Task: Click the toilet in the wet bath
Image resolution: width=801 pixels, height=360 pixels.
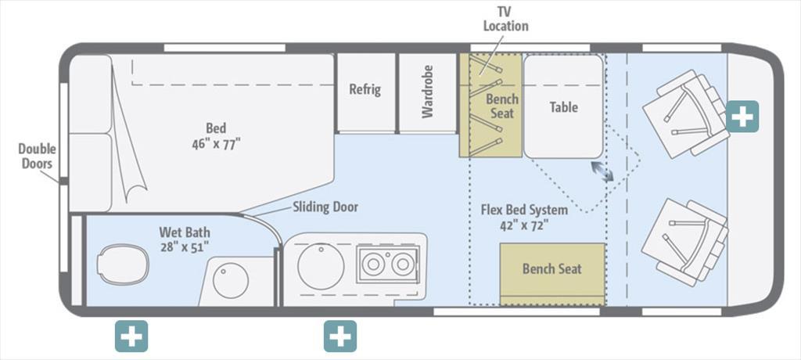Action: pyautogui.click(x=123, y=265)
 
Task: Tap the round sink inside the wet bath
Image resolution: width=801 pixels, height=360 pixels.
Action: pyautogui.click(x=231, y=280)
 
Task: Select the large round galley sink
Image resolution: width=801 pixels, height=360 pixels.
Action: pyautogui.click(x=321, y=266)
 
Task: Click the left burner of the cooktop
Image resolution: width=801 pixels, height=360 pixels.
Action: pyautogui.click(x=373, y=264)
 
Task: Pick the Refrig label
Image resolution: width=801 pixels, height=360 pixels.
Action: pyautogui.click(x=365, y=89)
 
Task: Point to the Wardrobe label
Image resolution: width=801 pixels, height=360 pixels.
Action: pyautogui.click(x=428, y=92)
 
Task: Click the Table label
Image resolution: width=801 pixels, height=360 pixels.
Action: pyautogui.click(x=563, y=107)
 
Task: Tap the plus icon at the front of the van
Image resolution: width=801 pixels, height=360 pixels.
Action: pyautogui.click(x=742, y=117)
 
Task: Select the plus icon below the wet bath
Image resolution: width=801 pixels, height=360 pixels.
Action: pyautogui.click(x=131, y=336)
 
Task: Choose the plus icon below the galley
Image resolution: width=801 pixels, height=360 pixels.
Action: pyautogui.click(x=340, y=336)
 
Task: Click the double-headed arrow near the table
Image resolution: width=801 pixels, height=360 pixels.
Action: pyautogui.click(x=602, y=171)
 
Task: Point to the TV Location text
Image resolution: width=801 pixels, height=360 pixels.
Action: pyautogui.click(x=506, y=20)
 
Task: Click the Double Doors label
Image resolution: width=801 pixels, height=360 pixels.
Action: pyautogui.click(x=38, y=157)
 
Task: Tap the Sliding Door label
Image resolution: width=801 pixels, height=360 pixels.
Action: pyautogui.click(x=325, y=207)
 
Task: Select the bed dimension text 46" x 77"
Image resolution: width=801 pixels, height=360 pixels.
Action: pyautogui.click(x=216, y=144)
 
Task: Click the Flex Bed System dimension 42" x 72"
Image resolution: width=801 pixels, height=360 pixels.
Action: pyautogui.click(x=524, y=225)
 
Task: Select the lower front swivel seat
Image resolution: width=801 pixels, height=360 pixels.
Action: pyautogui.click(x=685, y=242)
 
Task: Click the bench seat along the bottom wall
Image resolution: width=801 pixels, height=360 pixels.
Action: pyautogui.click(x=552, y=274)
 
